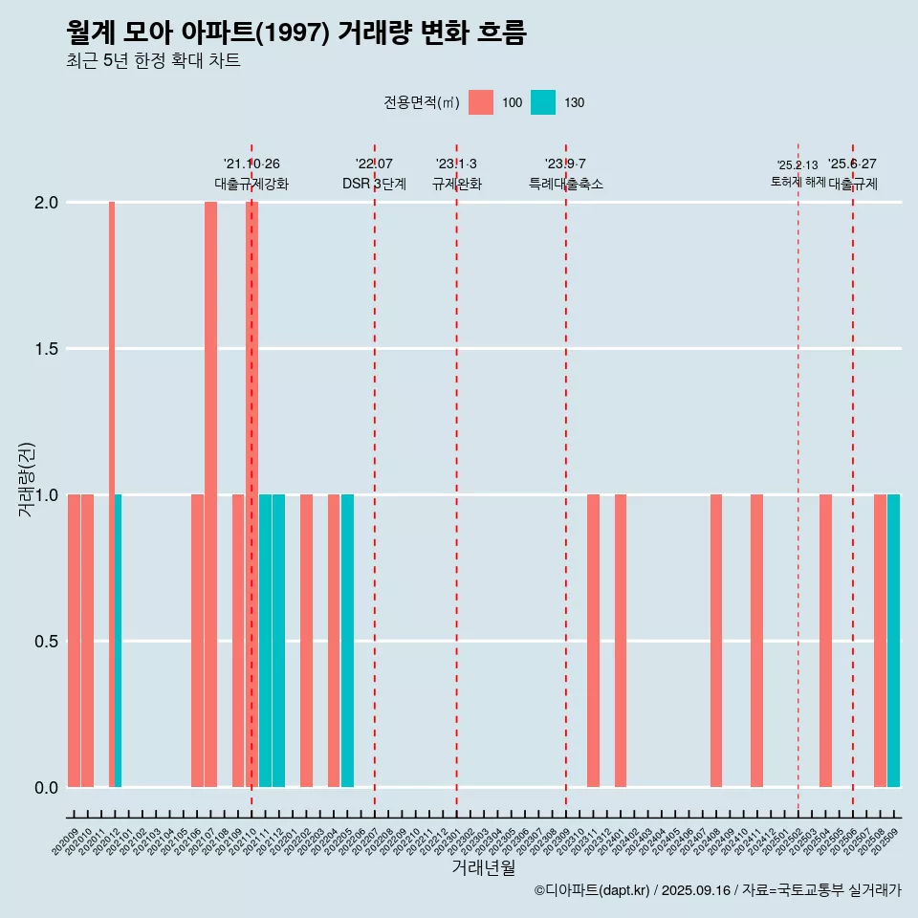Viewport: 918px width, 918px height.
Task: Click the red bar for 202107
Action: (x=210, y=494)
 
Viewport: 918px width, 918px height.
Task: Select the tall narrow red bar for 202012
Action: (x=112, y=494)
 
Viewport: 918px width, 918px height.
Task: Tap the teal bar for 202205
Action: (x=347, y=641)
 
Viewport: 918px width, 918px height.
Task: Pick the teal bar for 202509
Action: (x=893, y=641)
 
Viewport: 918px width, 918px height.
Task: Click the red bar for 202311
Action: (x=593, y=641)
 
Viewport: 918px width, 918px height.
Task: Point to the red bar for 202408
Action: (x=716, y=641)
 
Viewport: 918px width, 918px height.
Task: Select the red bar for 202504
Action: (x=825, y=641)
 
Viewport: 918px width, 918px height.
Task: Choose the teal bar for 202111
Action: (x=265, y=641)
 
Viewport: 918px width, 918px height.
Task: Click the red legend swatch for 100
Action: (x=481, y=102)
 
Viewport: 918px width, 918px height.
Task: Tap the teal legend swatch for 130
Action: (x=542, y=102)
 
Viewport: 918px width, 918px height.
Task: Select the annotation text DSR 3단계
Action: (x=374, y=184)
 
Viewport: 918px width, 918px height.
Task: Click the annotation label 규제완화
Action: (x=456, y=184)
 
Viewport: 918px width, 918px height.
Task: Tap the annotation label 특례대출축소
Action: (x=566, y=184)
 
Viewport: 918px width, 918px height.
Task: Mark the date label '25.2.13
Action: (x=797, y=165)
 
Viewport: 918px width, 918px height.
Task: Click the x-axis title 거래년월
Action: (x=483, y=867)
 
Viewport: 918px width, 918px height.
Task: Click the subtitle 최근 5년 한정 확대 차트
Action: (x=153, y=61)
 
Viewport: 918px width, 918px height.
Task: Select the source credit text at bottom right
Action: (x=717, y=890)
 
